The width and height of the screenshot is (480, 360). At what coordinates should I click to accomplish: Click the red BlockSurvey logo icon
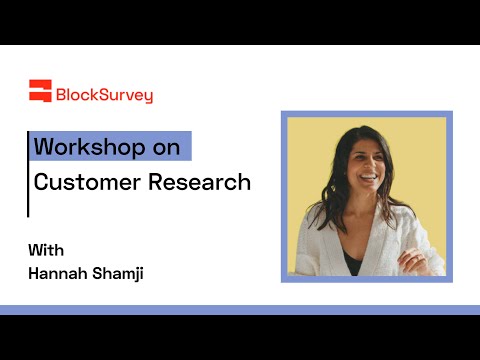tap(40, 91)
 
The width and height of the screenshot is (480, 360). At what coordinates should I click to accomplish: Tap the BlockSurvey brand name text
tap(104, 95)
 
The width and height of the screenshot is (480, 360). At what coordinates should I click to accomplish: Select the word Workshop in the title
tap(89, 147)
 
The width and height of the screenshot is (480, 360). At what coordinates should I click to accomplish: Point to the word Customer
tap(87, 182)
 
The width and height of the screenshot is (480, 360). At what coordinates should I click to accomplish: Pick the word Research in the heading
tap(199, 182)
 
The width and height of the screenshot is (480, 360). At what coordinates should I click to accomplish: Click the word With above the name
tap(46, 250)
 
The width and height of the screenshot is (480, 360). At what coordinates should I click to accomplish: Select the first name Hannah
tap(58, 273)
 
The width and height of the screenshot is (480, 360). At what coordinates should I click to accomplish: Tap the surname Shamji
tap(118, 274)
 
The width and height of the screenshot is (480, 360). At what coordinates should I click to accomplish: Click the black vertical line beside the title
tap(28, 174)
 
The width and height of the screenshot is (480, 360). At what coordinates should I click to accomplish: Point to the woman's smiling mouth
tap(368, 178)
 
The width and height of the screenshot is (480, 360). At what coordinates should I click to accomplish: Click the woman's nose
tap(369, 164)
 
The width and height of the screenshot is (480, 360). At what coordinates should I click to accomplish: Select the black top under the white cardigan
tap(353, 262)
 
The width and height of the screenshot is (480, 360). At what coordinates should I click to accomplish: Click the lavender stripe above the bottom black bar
tap(240, 310)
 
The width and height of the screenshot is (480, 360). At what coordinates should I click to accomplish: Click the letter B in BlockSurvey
tap(61, 95)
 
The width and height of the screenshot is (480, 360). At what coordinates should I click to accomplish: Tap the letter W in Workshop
tap(43, 146)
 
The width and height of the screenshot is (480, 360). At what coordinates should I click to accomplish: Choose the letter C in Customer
tap(41, 182)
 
